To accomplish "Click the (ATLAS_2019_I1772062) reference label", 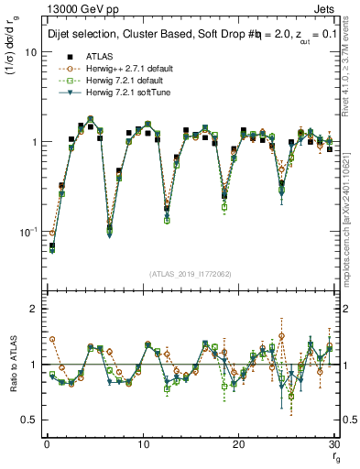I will click(191, 274).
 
